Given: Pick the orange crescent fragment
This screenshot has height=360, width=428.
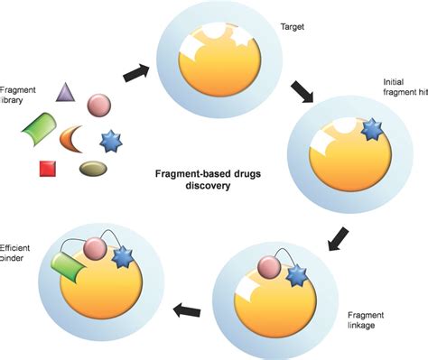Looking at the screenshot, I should click(x=74, y=137).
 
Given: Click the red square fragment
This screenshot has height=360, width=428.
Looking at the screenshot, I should click(x=47, y=167).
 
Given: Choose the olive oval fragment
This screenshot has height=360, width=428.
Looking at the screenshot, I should click(x=92, y=168).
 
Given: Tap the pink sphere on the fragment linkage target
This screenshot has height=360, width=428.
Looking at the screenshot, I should click(x=267, y=268).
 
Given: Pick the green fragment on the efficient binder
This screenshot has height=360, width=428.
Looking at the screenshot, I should click(x=70, y=267).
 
